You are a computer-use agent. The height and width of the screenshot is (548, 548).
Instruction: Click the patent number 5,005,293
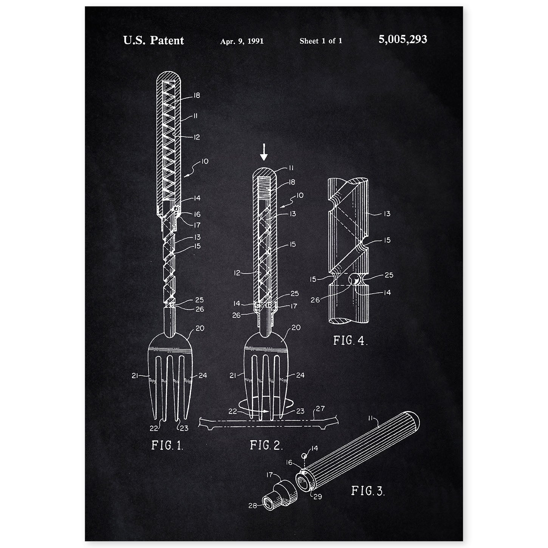[402, 40]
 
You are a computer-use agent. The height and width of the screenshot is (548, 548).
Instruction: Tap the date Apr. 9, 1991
[242, 41]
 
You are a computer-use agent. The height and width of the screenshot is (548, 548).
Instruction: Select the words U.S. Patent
[153, 40]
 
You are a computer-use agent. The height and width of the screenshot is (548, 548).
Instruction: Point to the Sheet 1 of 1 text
[321, 41]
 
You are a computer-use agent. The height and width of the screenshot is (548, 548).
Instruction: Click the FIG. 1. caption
[167, 445]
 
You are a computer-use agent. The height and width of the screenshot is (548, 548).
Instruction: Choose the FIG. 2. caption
[266, 445]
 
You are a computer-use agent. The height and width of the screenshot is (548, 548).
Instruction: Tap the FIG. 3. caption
[368, 491]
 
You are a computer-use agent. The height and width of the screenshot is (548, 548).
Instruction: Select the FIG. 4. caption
[350, 341]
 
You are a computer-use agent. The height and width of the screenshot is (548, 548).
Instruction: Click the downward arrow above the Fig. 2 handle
[264, 152]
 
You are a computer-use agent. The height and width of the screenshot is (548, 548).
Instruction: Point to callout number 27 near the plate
[320, 409]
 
